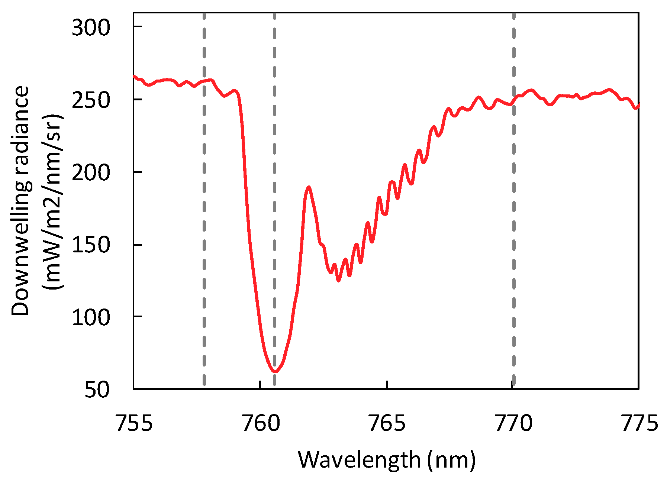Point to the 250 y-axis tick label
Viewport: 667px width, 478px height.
[x=91, y=100]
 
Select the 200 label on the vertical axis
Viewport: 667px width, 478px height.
[x=91, y=172]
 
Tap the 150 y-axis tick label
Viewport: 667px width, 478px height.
[x=91, y=245]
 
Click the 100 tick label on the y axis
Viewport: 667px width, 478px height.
[x=91, y=317]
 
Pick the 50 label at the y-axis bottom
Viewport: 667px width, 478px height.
[x=97, y=390]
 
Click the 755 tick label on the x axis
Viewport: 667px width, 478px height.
[x=134, y=423]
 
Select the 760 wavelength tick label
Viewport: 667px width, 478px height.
[x=261, y=423]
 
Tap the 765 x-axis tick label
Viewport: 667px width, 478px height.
[x=387, y=423]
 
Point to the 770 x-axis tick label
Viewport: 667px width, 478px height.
[x=513, y=423]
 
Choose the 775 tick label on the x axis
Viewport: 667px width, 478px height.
[x=639, y=423]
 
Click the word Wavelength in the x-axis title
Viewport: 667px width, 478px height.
[x=359, y=460]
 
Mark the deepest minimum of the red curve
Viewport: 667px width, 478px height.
[x=275, y=371]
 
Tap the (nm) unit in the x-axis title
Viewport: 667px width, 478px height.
[x=451, y=460]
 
